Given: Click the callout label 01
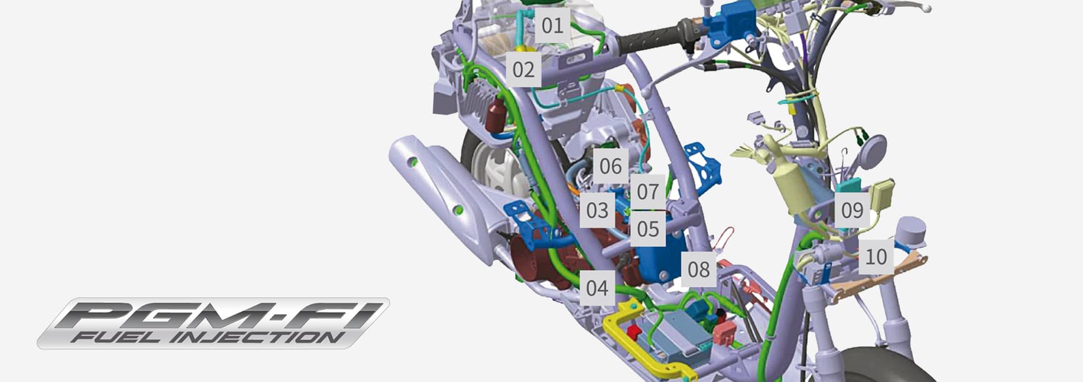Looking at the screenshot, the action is (x=552, y=26).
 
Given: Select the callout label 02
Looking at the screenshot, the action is (x=523, y=69).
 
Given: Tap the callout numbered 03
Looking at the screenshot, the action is (x=597, y=210).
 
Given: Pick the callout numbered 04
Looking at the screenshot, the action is (x=597, y=288).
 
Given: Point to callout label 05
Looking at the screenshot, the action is (x=648, y=229).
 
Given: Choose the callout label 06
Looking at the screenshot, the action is (x=610, y=166).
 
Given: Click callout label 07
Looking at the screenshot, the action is (x=648, y=192).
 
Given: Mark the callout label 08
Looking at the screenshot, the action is (x=698, y=269).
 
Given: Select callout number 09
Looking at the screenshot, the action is (x=852, y=210).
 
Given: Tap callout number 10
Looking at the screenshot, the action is (x=876, y=257).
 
